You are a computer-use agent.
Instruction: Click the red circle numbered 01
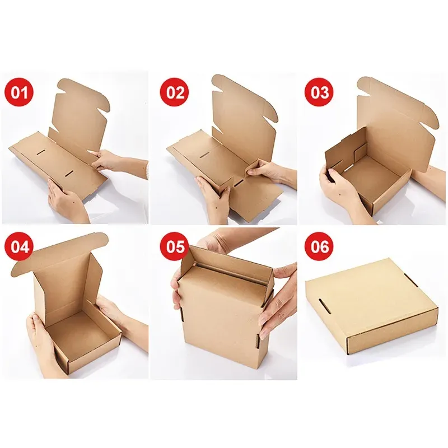click(x=19, y=92)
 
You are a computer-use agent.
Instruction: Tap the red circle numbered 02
click(x=174, y=92)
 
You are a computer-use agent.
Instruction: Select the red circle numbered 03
click(x=319, y=92)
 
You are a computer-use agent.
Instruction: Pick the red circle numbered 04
click(x=19, y=246)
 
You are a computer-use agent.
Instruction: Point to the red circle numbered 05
click(x=174, y=246)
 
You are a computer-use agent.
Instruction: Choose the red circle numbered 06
click(x=319, y=246)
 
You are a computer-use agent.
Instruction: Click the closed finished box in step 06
click(x=371, y=307)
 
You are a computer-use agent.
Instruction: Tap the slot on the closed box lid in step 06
click(x=325, y=306)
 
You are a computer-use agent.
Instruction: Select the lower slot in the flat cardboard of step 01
click(x=69, y=173)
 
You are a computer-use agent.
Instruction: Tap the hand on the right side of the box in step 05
click(x=278, y=300)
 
